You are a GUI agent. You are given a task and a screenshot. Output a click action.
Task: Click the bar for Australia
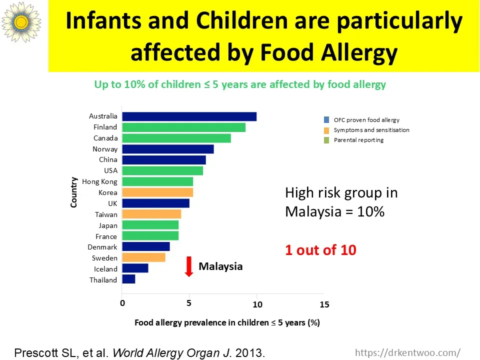(x=189, y=116)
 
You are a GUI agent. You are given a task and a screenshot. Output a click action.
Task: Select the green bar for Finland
(x=183, y=127)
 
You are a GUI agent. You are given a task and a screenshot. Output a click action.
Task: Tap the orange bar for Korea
(x=157, y=192)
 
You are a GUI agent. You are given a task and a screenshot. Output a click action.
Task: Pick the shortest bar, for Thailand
(x=128, y=279)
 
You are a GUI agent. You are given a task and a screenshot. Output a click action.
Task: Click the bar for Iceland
(x=135, y=268)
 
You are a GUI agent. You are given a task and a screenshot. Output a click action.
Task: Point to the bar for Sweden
(x=143, y=258)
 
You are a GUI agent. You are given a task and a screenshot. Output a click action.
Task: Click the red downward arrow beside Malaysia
(x=189, y=266)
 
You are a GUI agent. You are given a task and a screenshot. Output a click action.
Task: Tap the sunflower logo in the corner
(x=21, y=21)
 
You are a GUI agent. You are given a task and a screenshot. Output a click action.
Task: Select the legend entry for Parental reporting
(x=358, y=140)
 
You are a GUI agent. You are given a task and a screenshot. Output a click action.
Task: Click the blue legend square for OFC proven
(x=326, y=120)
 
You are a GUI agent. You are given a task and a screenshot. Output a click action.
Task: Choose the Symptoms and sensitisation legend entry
(x=371, y=130)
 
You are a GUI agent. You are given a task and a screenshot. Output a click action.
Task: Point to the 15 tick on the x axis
(x=324, y=304)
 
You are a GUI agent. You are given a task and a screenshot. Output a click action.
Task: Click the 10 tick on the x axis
(x=257, y=304)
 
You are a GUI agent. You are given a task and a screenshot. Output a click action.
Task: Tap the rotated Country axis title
(x=74, y=192)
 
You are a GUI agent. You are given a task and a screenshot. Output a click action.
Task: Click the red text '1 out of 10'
(x=320, y=250)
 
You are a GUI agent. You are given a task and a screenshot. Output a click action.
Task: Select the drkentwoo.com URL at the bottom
(x=407, y=352)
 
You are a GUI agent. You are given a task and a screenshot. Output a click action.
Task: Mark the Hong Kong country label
(x=99, y=181)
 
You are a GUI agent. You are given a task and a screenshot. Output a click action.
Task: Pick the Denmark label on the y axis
(x=102, y=247)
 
